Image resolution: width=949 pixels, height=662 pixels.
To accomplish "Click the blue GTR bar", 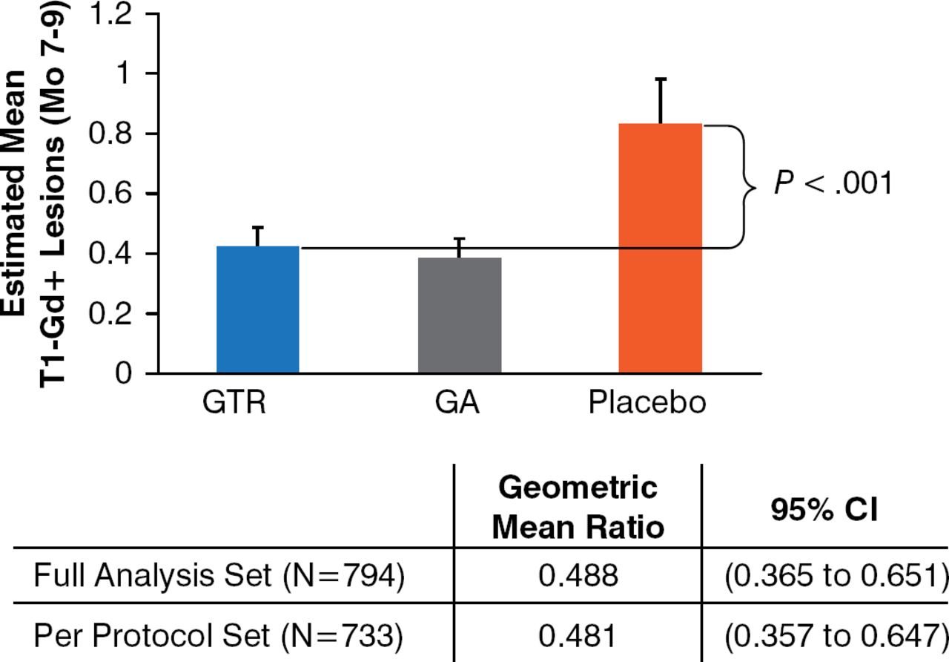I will click(258, 309).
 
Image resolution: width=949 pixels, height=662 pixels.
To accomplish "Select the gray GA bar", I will click(460, 315).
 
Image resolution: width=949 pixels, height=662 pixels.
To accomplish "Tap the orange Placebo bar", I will click(661, 248).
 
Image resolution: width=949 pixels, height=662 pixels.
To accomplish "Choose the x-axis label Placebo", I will click(647, 404).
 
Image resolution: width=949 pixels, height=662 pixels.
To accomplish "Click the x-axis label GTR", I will click(234, 404).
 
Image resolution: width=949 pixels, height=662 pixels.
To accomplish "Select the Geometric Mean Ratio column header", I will click(578, 508).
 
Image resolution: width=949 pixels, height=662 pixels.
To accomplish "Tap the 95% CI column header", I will click(825, 511).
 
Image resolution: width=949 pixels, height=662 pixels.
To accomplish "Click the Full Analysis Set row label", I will click(219, 577).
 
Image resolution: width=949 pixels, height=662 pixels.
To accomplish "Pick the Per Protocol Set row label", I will click(219, 635).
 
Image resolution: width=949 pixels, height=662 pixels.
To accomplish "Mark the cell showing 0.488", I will click(578, 577).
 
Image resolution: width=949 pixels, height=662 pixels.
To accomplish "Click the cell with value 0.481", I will click(578, 635).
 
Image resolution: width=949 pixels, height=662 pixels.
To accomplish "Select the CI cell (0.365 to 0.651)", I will click(825, 577).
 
